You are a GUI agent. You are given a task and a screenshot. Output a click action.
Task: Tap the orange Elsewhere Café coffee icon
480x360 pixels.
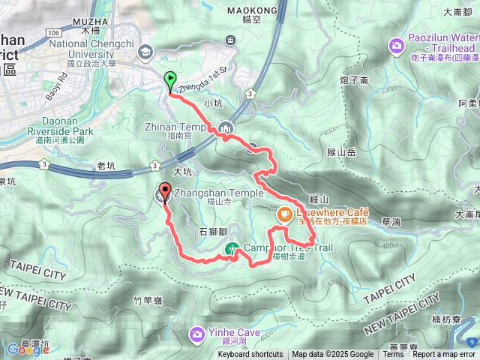[x=284, y=214]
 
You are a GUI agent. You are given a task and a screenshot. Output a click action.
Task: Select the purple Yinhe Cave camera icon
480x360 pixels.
[x=196, y=333]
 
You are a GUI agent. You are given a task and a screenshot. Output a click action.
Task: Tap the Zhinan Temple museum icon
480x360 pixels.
[x=226, y=127]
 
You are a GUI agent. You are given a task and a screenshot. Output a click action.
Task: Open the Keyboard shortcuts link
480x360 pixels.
[x=250, y=355]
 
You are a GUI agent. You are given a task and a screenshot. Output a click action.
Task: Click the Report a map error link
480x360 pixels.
[x=445, y=355]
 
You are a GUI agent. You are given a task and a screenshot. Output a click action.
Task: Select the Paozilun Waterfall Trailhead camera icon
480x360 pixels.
[x=396, y=46]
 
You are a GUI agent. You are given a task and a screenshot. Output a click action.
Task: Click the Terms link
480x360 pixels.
[x=393, y=355]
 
